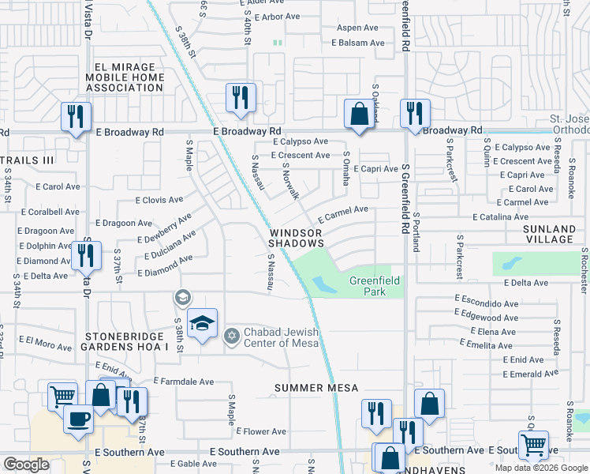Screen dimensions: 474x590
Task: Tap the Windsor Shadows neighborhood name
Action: (296, 239)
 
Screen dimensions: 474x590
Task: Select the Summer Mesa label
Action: (316, 388)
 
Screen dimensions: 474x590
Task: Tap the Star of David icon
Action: (231, 337)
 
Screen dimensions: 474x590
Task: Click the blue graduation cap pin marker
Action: (202, 324)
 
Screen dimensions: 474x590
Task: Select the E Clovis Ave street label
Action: (159, 201)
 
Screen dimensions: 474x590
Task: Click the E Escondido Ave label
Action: (487, 303)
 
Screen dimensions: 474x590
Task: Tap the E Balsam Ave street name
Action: (357, 43)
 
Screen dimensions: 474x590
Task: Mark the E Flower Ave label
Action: (264, 432)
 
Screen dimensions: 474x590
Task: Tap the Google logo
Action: (27, 465)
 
